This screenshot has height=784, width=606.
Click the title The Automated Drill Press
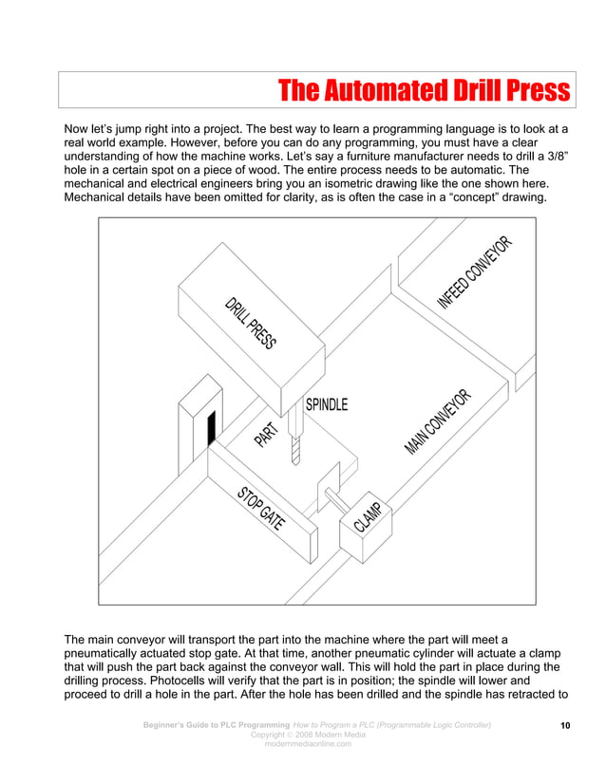tap(424, 91)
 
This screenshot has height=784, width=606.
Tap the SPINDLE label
tap(326, 404)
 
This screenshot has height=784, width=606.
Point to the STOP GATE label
tap(261, 510)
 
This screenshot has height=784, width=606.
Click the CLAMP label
tap(369, 517)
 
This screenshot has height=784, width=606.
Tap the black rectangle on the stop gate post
tap(212, 428)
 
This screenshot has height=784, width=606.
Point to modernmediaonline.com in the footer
tap(307, 744)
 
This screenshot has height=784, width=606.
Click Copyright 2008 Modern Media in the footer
tap(307, 735)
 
